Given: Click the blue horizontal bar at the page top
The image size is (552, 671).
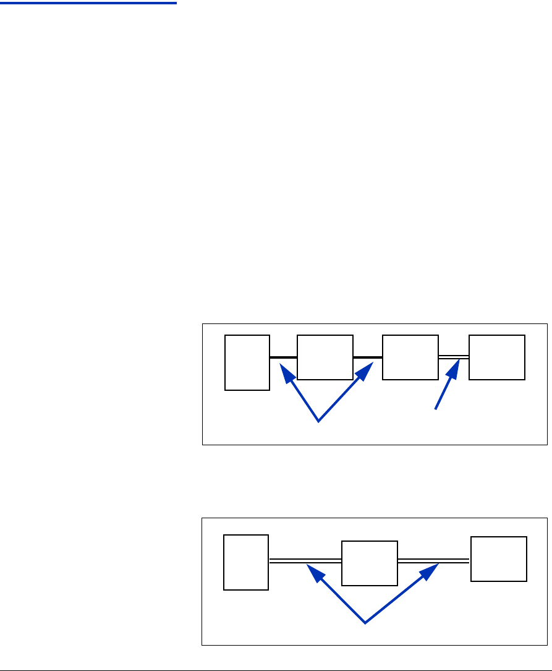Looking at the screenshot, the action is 88,3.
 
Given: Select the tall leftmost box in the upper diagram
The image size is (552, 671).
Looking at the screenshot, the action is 247,362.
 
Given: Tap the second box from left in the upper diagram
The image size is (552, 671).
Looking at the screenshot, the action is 325,357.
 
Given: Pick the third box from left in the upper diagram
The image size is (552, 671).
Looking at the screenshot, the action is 410,357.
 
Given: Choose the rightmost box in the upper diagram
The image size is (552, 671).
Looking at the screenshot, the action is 497,357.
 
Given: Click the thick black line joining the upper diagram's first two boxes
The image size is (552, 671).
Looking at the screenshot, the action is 284,357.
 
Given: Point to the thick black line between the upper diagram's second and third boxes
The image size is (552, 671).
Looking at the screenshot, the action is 368,357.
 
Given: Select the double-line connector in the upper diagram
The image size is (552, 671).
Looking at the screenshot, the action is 454,357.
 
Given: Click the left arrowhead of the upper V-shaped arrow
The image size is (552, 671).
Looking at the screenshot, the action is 286,372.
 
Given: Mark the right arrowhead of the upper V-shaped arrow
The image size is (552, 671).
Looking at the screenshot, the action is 367,369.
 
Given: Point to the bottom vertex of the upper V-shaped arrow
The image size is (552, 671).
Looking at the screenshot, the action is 318,421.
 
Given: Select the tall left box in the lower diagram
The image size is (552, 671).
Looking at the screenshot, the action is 246,562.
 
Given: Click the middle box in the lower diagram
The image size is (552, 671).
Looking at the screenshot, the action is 370,563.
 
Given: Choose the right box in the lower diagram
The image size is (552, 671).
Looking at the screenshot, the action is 499,558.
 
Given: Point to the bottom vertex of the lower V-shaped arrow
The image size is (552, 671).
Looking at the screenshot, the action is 365,623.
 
